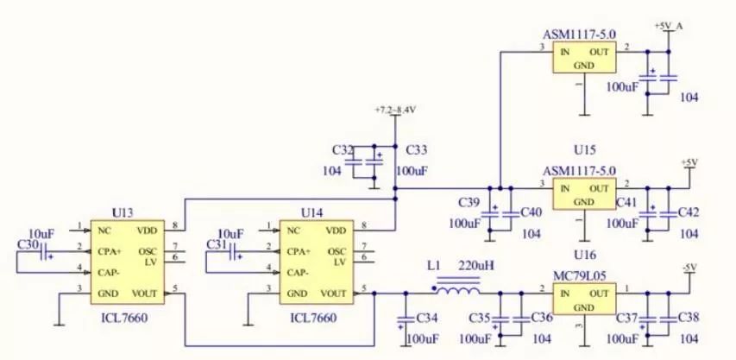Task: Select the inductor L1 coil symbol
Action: (x=455, y=286)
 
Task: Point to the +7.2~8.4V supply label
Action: (x=395, y=111)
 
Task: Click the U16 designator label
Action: (x=584, y=256)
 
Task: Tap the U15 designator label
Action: (x=584, y=150)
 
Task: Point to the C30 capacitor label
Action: (x=28, y=245)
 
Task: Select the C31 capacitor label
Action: (x=217, y=245)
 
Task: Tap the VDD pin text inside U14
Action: (x=336, y=231)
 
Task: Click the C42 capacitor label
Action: (x=689, y=212)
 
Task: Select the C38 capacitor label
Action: (x=689, y=318)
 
